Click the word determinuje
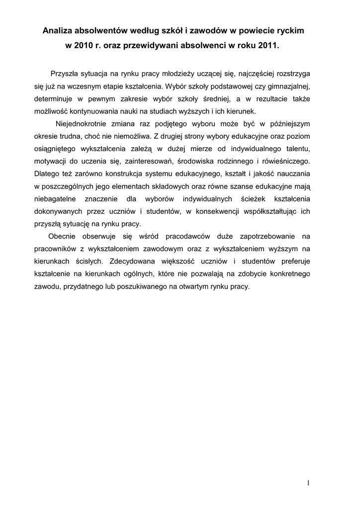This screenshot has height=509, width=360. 54,98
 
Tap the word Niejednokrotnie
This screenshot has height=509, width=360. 82,123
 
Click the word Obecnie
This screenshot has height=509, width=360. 62,236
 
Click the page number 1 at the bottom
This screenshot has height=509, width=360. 308,483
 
